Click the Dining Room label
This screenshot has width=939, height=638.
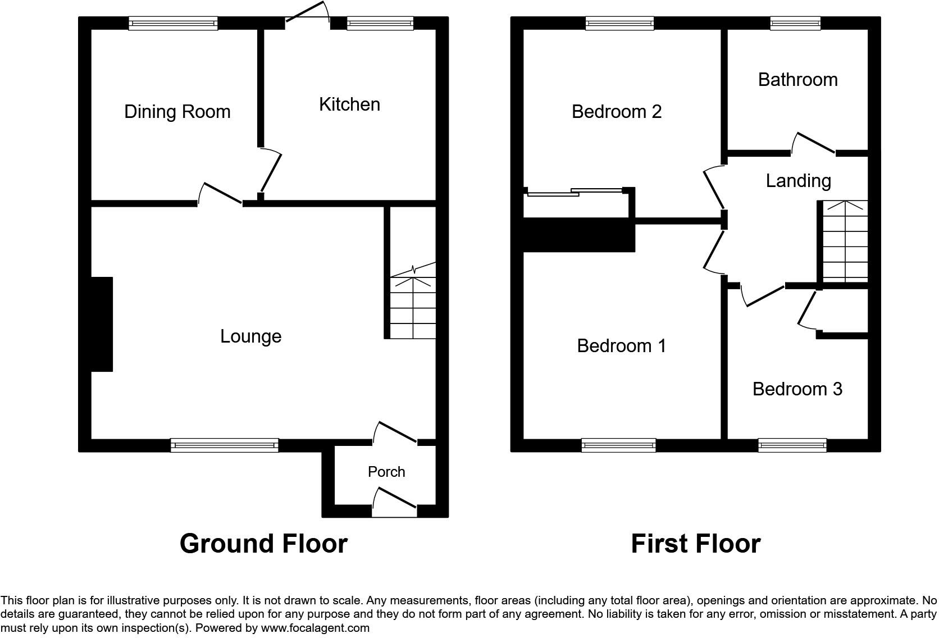click(x=177, y=112)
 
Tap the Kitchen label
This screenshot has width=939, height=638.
click(x=349, y=104)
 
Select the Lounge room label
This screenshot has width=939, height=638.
click(x=250, y=336)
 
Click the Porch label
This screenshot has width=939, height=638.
click(x=386, y=472)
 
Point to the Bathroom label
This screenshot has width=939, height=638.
click(x=797, y=80)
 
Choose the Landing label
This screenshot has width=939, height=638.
click(x=798, y=181)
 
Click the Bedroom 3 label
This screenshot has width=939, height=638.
click(x=797, y=389)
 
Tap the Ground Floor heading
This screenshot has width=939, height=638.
click(x=263, y=544)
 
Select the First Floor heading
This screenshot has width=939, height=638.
click(x=695, y=544)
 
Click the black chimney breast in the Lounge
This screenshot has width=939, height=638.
click(x=102, y=324)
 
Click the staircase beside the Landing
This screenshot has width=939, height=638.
click(x=845, y=241)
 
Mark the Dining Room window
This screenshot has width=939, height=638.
click(x=173, y=23)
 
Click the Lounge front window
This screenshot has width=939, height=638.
click(x=224, y=445)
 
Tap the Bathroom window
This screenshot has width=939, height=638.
click(x=795, y=23)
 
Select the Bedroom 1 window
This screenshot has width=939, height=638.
click(x=618, y=445)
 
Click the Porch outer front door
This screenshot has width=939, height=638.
click(x=394, y=504)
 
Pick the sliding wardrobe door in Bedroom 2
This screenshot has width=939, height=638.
click(x=576, y=192)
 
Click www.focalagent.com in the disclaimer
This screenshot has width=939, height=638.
click(x=314, y=628)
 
